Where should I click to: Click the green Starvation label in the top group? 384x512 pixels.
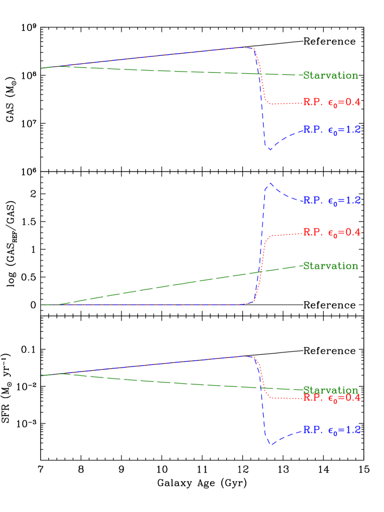(x=330, y=75)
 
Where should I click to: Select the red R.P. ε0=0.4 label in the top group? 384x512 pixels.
(x=331, y=102)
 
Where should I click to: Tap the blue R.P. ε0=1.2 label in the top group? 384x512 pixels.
(x=331, y=130)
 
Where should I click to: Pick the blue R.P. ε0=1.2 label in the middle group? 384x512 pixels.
(x=331, y=200)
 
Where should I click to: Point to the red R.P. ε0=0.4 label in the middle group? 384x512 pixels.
(x=331, y=232)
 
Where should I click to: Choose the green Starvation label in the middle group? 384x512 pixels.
(x=330, y=266)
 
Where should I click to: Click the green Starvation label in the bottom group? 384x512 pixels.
(x=330, y=390)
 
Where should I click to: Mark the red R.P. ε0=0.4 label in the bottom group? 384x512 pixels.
(x=331, y=398)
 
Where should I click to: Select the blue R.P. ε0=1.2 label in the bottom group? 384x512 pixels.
(x=331, y=430)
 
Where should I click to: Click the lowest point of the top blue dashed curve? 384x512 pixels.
(x=270, y=150)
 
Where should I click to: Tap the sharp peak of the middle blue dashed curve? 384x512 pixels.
(x=270, y=183)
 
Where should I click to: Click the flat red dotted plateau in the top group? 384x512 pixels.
(x=285, y=103)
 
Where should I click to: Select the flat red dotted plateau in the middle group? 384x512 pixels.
(x=285, y=234)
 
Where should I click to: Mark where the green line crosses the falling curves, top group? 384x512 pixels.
(x=261, y=73)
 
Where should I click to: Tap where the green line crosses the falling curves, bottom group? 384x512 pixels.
(x=262, y=388)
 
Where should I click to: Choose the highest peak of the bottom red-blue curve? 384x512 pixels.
(x=244, y=356)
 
